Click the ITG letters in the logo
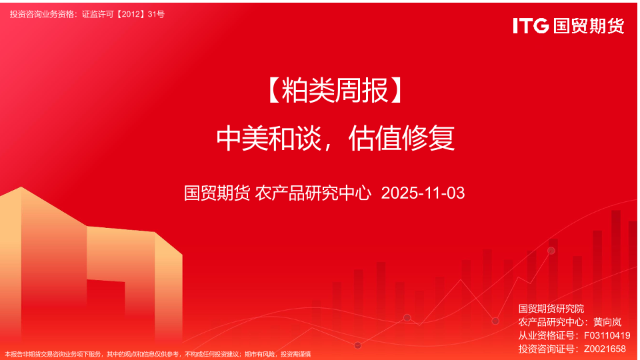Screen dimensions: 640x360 point(531,26)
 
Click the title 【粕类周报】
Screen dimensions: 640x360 point(335,91)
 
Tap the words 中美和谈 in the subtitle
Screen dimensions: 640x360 point(269,138)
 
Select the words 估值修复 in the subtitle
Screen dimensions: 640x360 point(401,138)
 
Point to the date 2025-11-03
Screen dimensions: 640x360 point(423,193)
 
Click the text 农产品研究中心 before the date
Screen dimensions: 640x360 point(313,193)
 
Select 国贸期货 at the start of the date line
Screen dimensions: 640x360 point(217,193)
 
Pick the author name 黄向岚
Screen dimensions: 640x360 point(607,322)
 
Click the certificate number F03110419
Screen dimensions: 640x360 point(607,335)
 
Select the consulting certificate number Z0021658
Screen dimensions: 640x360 point(605,349)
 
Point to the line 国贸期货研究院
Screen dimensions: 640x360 point(551,309)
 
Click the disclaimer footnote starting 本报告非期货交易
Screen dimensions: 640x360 point(158,354)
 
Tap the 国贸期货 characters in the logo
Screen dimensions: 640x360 point(589,26)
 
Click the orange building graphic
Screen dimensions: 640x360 point(91,265)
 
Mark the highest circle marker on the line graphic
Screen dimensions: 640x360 point(551,251)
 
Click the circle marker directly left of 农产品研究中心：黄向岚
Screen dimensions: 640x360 point(495,321)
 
